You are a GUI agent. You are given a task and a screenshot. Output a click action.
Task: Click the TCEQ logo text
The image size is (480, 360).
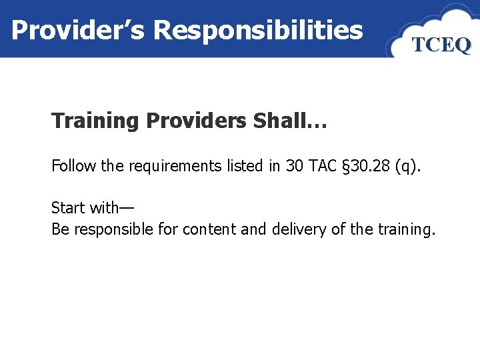(x=441, y=45)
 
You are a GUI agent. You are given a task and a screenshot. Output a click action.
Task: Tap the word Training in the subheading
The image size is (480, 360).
(x=95, y=121)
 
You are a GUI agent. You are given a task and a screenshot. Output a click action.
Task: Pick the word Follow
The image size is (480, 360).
(x=73, y=166)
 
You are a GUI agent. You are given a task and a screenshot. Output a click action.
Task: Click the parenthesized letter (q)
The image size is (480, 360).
(x=409, y=166)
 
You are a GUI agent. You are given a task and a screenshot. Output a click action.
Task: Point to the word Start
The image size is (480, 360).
(x=69, y=208)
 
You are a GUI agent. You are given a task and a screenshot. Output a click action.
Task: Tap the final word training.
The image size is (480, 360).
(x=406, y=229)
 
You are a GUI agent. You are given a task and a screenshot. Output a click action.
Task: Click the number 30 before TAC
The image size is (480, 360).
(x=294, y=166)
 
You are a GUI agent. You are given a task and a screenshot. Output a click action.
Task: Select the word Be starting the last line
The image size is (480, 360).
(x=60, y=229)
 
